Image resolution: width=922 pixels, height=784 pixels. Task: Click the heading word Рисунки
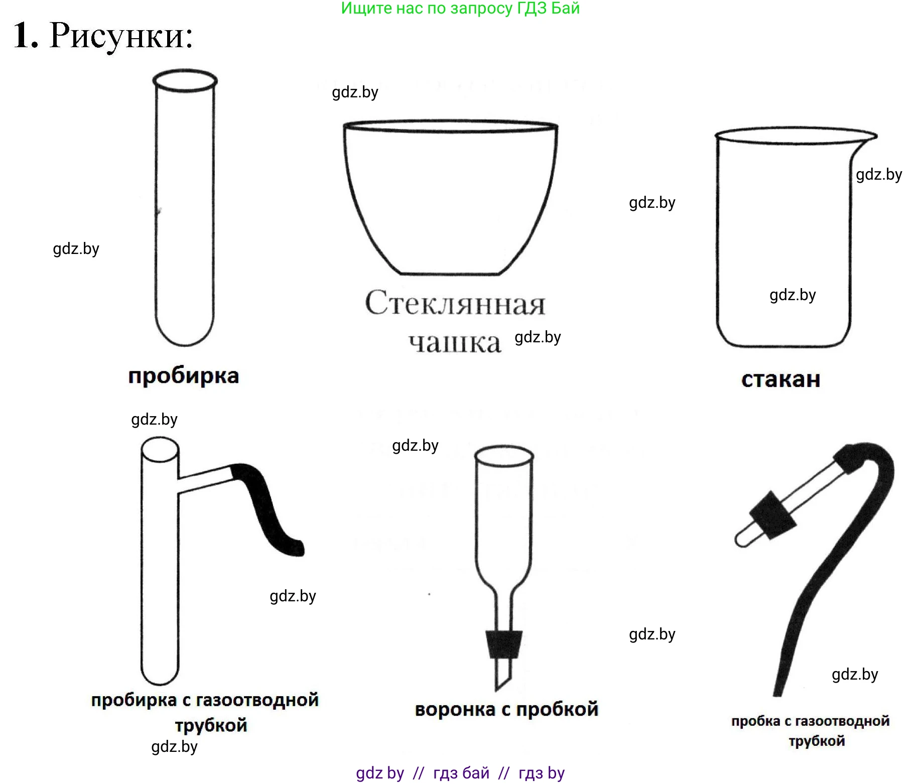121,36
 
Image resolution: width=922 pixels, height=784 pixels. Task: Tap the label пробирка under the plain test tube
184,376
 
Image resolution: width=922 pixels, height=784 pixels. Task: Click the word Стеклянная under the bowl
455,303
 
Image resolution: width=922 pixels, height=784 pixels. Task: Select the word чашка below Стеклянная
455,343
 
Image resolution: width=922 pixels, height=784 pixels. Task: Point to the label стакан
781,379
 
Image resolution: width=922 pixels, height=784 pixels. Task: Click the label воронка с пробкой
507,709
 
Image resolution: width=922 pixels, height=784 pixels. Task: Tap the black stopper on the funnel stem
504,644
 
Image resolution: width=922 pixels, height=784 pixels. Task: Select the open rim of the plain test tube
185,80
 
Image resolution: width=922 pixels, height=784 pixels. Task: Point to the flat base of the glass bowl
450,274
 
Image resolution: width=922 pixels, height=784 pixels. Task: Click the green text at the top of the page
460,9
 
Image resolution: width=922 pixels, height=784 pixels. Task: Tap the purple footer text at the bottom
460,773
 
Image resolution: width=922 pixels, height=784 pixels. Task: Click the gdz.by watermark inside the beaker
793,295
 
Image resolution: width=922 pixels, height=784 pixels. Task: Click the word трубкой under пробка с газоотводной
817,741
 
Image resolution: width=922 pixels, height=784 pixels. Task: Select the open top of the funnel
504,455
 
